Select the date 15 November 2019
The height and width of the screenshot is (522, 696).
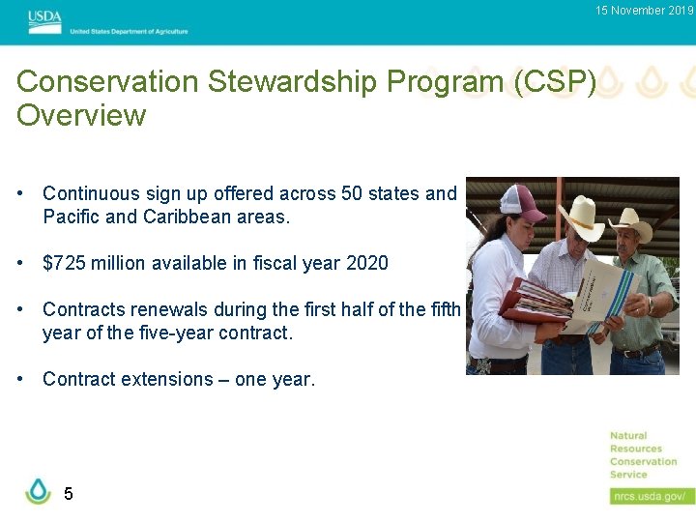point(644,11)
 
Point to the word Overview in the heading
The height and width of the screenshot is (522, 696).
point(81,116)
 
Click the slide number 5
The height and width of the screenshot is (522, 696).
point(68,494)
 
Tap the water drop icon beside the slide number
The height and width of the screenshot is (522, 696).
point(38,491)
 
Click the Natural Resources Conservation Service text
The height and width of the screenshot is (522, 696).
point(643,455)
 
